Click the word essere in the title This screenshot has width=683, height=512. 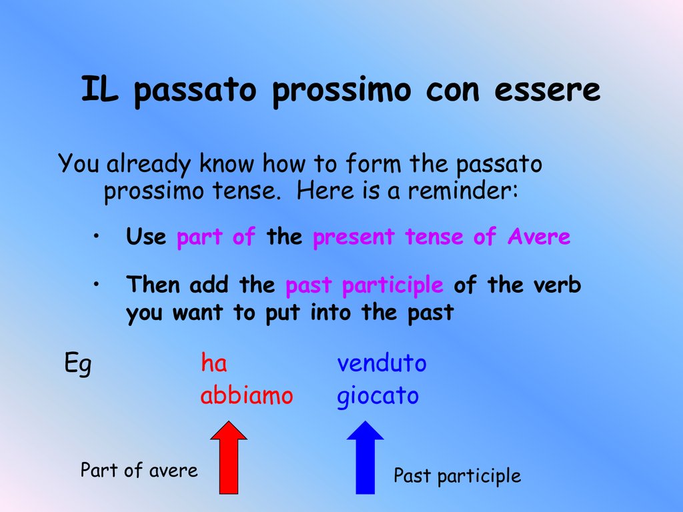coord(547,90)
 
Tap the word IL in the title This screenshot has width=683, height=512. coord(99,89)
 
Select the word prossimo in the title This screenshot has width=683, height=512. coord(341,91)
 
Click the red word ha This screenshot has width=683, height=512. coord(214,363)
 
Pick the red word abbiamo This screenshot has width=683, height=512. coord(247,395)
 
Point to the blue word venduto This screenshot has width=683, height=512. coord(382,363)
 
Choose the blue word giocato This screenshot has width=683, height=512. coord(378,397)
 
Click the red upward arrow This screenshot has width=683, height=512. coord(229,457)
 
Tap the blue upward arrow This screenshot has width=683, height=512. coord(365,457)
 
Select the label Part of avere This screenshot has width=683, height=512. coord(139,470)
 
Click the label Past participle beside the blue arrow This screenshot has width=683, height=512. coord(458,476)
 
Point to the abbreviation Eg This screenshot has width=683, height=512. coord(78,363)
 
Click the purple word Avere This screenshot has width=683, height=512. coord(539,237)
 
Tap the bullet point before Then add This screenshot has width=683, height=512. coord(96,284)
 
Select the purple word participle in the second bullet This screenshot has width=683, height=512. coord(392,285)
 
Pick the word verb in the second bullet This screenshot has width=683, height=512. coord(557,285)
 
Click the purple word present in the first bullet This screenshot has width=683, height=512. coord(354,238)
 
